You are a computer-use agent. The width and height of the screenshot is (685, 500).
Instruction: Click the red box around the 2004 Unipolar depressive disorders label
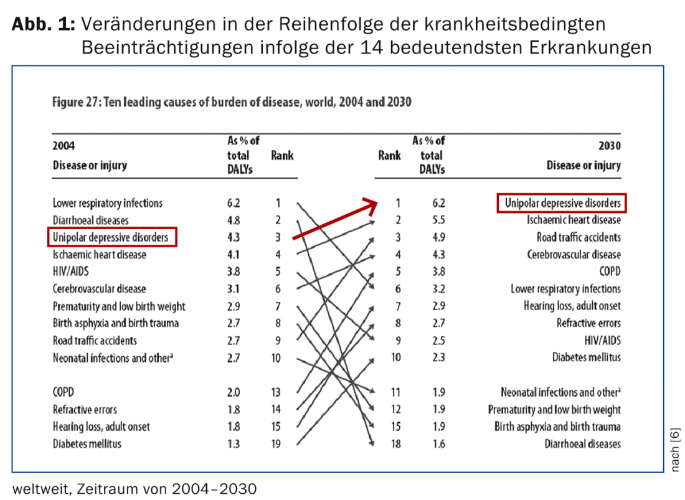[112, 237]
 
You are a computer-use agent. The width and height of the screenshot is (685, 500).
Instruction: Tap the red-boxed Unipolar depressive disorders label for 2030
[562, 203]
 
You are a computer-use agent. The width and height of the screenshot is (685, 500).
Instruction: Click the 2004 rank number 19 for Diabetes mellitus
[276, 444]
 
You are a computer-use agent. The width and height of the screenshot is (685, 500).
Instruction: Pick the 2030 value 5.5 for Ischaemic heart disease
[439, 220]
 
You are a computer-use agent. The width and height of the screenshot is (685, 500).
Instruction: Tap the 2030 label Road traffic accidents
[579, 237]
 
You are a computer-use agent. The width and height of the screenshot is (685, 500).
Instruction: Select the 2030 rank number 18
[398, 444]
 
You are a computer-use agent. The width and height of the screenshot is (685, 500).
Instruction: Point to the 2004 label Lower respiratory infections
[108, 203]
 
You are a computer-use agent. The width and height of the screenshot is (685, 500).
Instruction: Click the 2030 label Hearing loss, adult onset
[572, 306]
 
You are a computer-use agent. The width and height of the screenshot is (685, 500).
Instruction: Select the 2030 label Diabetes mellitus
[586, 357]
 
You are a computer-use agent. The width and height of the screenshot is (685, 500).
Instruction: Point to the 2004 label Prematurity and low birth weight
[119, 306]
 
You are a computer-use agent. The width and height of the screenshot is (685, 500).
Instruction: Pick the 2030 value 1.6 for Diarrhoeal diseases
[439, 444]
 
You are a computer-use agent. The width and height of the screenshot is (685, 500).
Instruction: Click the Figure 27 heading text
[232, 101]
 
